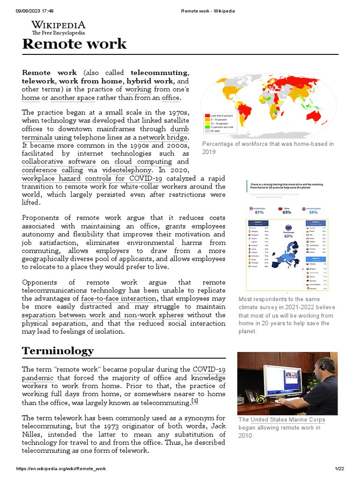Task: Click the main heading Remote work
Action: (75, 44)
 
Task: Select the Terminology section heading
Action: (58, 351)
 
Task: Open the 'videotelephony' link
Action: (127, 170)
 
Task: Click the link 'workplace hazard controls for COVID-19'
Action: (92, 179)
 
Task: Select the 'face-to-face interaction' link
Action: (119, 298)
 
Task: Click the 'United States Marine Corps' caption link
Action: (288, 420)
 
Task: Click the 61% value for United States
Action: (259, 212)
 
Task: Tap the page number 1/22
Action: (339, 469)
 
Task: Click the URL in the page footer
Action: (61, 469)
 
